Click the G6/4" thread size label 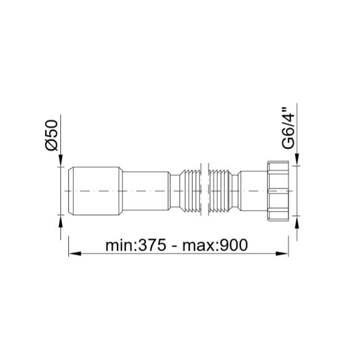click(x=287, y=130)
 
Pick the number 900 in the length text click(x=232, y=245)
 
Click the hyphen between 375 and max click(x=174, y=246)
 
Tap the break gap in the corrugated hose click(x=207, y=191)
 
